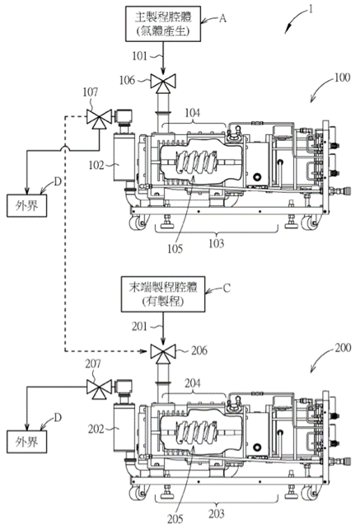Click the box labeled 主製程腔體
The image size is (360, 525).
(163, 23)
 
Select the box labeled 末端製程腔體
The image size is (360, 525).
(163, 294)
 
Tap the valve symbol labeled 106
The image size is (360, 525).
(163, 82)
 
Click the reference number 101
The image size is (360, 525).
(139, 56)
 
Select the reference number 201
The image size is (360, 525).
(139, 326)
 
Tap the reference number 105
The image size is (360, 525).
(175, 249)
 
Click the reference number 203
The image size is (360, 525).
(217, 513)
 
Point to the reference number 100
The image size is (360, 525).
(342, 77)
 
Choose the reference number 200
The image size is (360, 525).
(343, 348)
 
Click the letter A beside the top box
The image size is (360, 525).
(222, 18)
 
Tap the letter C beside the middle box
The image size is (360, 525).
(227, 288)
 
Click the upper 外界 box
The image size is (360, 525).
(26, 205)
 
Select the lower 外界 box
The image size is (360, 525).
(26, 442)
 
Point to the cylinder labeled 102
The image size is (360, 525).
(124, 157)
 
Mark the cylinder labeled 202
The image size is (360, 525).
(124, 428)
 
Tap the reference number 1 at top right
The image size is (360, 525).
(311, 9)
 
